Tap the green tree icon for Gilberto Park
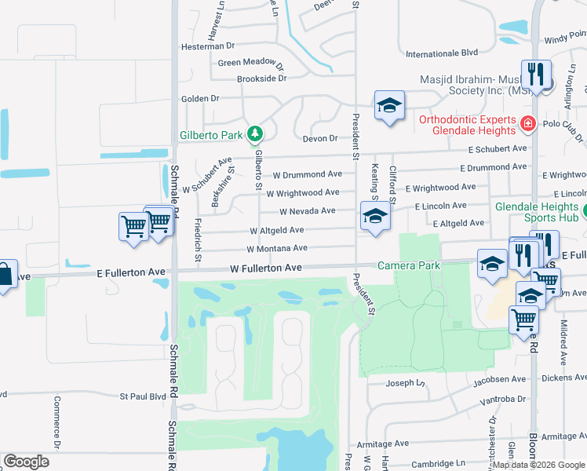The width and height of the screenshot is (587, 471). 254,134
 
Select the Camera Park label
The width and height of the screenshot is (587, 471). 408,265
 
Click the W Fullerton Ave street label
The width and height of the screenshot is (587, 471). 266,268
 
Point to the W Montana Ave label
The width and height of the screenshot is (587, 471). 276,249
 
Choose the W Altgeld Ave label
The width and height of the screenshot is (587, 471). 276,231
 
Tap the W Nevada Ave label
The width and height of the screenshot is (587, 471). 308,211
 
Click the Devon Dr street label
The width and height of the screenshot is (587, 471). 320,138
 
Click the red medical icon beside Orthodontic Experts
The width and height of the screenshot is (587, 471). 527,123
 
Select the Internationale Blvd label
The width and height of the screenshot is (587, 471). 442,53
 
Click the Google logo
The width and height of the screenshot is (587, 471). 26,462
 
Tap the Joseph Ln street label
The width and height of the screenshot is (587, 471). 405,383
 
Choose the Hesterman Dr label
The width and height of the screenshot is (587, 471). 203,46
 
